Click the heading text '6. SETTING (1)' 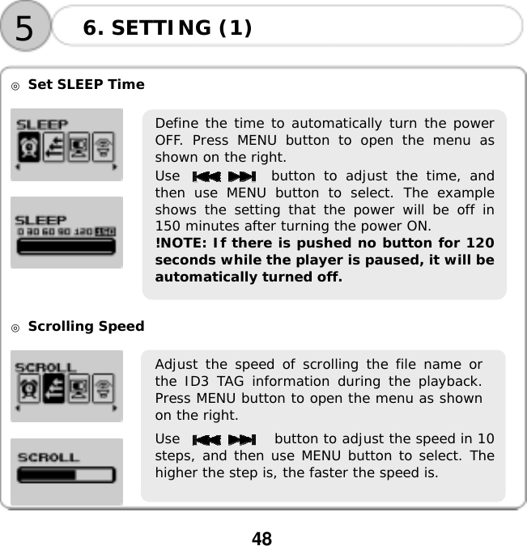pos(168,28)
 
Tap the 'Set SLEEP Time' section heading pos(86,84)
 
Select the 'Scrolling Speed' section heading pos(86,326)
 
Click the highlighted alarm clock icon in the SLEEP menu pos(31,149)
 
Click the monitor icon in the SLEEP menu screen pos(79,149)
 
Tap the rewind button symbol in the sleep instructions pos(206,176)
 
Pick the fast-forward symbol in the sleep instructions pos(240,176)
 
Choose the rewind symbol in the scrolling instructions pos(208,439)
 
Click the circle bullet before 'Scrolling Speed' pos(15,327)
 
